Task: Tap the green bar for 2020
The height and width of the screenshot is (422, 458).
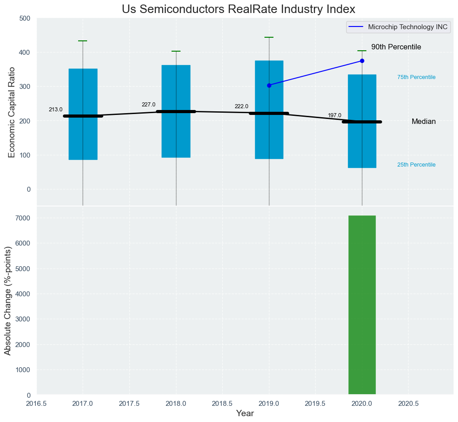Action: [x=362, y=305]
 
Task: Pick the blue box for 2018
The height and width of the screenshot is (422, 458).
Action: [x=176, y=135]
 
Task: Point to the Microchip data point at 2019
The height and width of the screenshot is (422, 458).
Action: [x=269, y=85]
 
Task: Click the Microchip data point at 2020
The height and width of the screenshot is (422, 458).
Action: [x=362, y=61]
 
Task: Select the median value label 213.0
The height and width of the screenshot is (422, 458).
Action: [x=56, y=110]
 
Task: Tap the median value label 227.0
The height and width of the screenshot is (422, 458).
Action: [x=149, y=105]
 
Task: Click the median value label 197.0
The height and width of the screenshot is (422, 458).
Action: [x=335, y=115]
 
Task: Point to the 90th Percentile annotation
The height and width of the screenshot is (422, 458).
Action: [x=396, y=47]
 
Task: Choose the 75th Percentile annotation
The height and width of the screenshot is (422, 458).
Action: [x=416, y=77]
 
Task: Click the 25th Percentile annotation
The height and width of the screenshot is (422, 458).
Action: [x=416, y=165]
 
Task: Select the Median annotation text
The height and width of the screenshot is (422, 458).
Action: [x=423, y=122]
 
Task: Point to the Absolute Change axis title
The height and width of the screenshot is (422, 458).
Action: [x=8, y=301]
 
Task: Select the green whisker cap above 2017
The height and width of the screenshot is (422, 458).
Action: [x=83, y=41]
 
